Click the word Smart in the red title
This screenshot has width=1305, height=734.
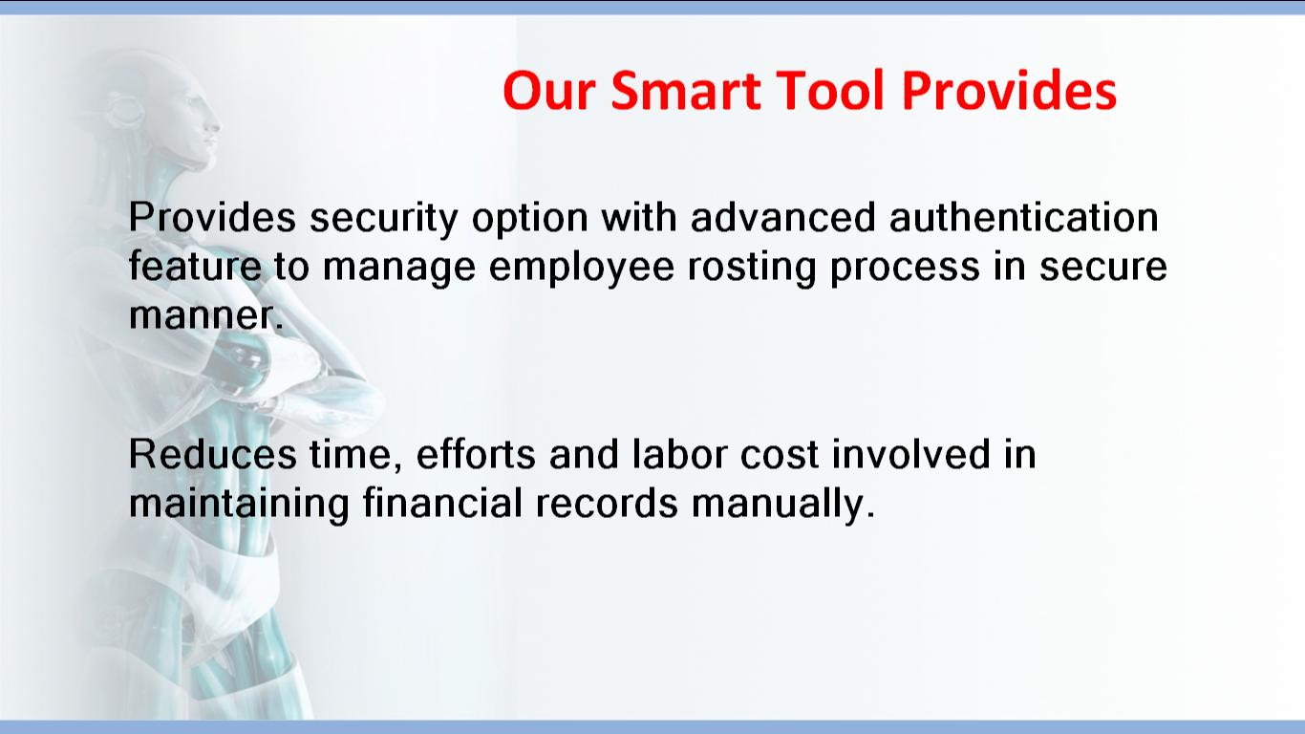(686, 91)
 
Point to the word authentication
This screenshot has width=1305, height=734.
(1023, 218)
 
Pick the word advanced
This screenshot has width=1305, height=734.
(783, 218)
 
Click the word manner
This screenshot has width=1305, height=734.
(206, 315)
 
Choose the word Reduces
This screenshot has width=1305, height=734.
(213, 454)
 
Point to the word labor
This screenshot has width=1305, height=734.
(679, 454)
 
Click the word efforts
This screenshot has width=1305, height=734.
(476, 454)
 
